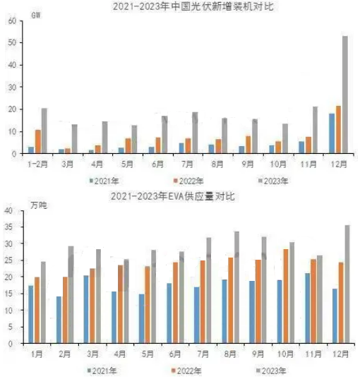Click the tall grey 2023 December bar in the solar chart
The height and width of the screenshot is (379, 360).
pos(345,95)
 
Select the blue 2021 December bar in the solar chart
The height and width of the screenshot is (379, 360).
pos(332,133)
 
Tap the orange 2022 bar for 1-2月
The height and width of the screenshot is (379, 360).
pos(38,141)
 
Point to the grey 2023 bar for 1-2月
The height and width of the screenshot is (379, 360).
pos(44,131)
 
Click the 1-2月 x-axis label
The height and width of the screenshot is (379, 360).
pos(37,164)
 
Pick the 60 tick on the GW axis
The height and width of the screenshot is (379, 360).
pos(12,20)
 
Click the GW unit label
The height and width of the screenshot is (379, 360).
pos(36,16)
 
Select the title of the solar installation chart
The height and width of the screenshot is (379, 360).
pos(193,6)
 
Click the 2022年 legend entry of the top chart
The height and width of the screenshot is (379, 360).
pos(189,181)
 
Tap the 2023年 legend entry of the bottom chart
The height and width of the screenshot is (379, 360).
pos(271,371)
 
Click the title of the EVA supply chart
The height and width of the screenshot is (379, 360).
pos(173,196)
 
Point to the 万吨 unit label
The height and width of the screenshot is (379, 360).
pos(39,205)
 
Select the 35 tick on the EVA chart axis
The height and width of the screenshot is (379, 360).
pos(8,227)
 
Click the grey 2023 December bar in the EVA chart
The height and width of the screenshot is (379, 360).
pos(347,284)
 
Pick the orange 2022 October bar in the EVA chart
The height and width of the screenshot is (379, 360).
pos(286,296)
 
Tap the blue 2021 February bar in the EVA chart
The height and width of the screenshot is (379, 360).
pos(59,320)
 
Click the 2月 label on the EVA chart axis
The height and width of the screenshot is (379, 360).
pos(64,354)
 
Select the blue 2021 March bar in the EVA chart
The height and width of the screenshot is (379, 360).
pos(86,309)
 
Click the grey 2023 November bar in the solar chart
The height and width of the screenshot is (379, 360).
pos(315,130)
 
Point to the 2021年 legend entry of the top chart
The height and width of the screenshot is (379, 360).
pos(104,181)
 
